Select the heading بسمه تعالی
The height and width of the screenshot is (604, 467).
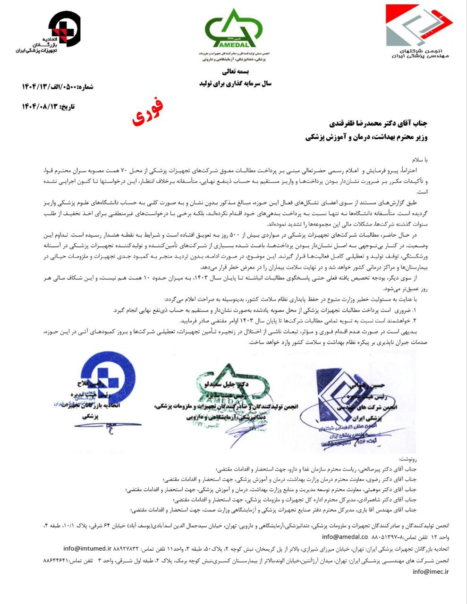tap(235, 72)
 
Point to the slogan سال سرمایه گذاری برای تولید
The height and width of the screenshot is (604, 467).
tap(235, 84)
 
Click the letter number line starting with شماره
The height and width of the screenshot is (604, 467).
tap(58, 86)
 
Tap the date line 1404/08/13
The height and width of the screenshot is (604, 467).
tap(48, 107)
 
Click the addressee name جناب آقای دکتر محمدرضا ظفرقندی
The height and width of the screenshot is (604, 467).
tap(371, 124)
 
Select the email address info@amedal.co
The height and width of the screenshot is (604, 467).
tap(345, 537)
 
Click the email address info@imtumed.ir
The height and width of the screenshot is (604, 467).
tap(87, 548)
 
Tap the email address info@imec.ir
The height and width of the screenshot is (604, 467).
tap(431, 571)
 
